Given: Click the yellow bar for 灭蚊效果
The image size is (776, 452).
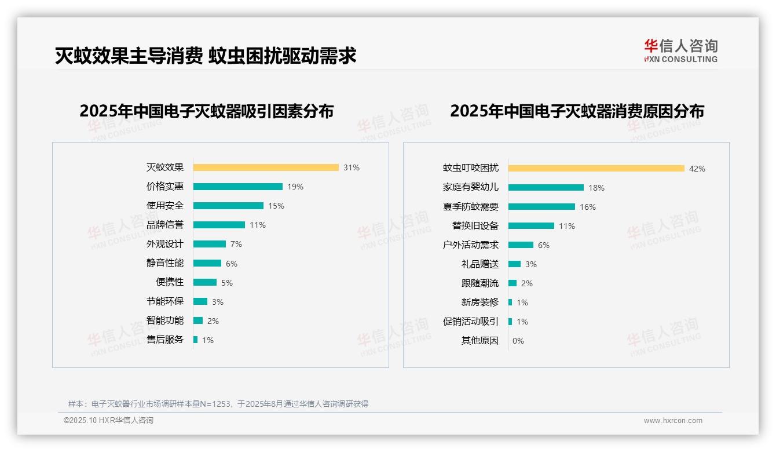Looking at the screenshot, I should [x=266, y=167].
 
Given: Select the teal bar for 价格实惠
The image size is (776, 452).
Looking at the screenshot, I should [x=238, y=187].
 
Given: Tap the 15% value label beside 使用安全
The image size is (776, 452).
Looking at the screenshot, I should [x=276, y=206].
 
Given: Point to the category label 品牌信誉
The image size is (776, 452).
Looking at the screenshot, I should [x=165, y=225].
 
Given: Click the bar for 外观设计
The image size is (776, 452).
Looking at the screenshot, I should [x=210, y=244].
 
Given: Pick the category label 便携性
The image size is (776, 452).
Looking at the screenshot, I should [x=170, y=282].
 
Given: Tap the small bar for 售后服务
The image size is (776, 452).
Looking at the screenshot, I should [x=196, y=340].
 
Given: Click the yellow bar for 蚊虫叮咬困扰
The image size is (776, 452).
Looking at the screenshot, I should [x=596, y=168].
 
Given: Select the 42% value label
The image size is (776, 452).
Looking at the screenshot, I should [x=697, y=169].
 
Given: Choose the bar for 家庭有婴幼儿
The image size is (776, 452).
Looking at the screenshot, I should [x=546, y=187].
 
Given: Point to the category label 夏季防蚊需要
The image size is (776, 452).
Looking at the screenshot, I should [x=471, y=206].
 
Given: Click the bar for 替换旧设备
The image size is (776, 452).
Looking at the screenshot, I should [x=532, y=225].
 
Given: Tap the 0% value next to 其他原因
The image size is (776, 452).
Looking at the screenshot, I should [x=518, y=341].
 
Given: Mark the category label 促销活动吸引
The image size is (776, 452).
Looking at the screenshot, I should [x=471, y=321].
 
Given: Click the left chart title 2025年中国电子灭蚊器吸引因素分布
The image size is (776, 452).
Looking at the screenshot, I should [x=207, y=111].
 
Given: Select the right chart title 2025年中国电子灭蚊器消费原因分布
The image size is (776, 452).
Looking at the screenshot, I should [x=577, y=111].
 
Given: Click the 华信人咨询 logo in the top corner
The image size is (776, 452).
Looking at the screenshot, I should [x=680, y=51].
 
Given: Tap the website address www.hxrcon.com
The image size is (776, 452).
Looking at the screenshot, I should [x=673, y=421].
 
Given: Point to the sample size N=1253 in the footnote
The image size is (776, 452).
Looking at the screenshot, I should [x=214, y=404].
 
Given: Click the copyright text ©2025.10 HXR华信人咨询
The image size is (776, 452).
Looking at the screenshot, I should [x=109, y=421].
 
